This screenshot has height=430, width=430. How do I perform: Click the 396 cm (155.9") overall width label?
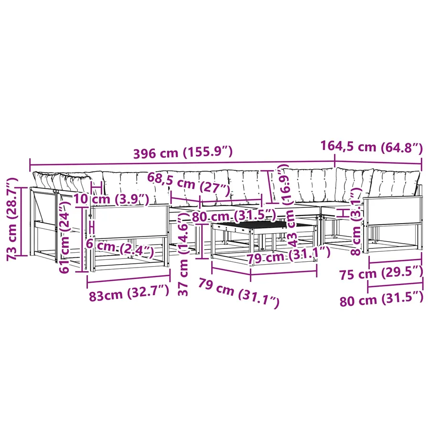click(183, 152)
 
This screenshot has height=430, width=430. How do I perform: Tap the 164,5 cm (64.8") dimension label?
click(372, 147)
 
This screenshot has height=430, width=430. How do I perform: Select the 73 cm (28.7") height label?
click(12, 219)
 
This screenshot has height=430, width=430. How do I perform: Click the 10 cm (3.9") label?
click(111, 199)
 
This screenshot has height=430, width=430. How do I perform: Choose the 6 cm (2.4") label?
click(120, 247)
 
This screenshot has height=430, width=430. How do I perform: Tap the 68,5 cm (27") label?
click(188, 184)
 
